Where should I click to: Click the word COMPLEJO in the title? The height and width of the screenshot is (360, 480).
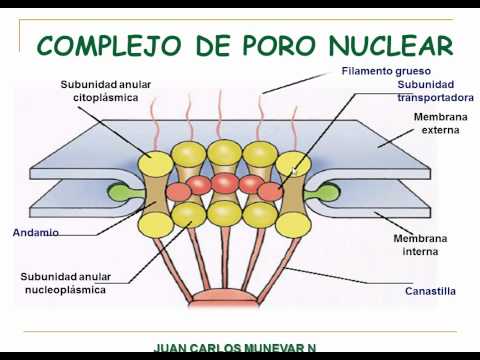click(109, 45)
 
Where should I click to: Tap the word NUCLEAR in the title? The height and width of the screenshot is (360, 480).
click(391, 45)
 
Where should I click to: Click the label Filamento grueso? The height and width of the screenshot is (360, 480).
click(386, 71)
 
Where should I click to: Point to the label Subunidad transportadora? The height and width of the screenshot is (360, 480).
click(435, 91)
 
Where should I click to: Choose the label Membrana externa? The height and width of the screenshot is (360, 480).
click(440, 123)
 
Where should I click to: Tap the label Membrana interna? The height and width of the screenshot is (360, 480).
click(420, 245)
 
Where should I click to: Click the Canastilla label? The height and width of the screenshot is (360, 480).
click(430, 291)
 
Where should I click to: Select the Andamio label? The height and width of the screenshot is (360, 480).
click(36, 232)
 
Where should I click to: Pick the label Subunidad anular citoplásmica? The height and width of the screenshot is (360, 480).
click(106, 91)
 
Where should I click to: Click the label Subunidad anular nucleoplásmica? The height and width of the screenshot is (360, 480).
click(66, 283)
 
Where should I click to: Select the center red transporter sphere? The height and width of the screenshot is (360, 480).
click(225, 183)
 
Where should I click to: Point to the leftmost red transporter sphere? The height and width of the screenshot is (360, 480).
click(178, 192)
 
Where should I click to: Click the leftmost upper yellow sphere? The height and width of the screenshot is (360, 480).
click(155, 164)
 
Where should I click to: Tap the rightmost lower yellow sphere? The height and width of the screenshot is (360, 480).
click(293, 224)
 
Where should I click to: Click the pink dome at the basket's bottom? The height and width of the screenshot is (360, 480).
click(224, 297)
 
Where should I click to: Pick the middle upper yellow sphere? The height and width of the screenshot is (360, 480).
click(224, 152)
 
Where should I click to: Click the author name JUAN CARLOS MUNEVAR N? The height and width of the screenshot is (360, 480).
click(235, 347)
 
